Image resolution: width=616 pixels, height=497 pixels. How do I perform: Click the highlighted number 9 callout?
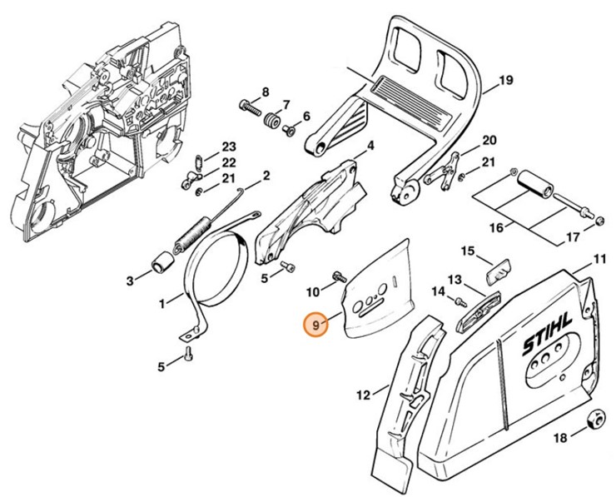(315, 326)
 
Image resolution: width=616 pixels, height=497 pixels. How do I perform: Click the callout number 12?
(363, 395)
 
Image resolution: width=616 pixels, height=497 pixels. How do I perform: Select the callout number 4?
(370, 146)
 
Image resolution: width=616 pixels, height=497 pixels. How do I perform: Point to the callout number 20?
(489, 140)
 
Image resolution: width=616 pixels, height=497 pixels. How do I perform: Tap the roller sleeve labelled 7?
(271, 122)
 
